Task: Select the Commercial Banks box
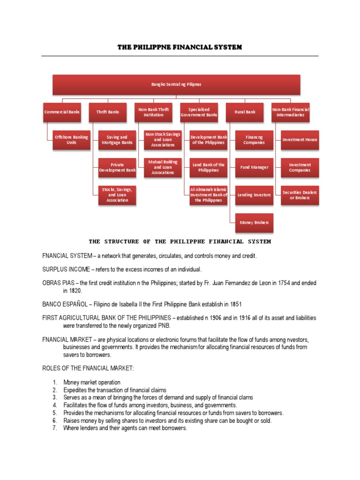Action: pos(62,112)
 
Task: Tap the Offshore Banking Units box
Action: pos(72,140)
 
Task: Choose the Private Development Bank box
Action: pos(117,167)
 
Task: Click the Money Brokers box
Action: pos(254,222)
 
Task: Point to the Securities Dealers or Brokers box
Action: pos(300,195)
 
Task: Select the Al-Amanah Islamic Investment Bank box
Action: pos(209,195)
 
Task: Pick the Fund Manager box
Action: pos(254,167)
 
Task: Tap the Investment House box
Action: pos(300,140)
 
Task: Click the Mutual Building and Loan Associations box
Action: pos(163,167)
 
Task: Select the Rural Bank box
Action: pos(245,112)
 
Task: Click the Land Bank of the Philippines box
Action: pos(209,167)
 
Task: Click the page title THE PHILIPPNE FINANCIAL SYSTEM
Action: pos(180,47)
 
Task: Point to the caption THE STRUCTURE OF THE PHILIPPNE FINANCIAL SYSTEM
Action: pos(180,242)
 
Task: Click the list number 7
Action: pos(54,428)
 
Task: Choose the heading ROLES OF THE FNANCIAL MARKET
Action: pos(88,369)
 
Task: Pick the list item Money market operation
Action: pos(92,382)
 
